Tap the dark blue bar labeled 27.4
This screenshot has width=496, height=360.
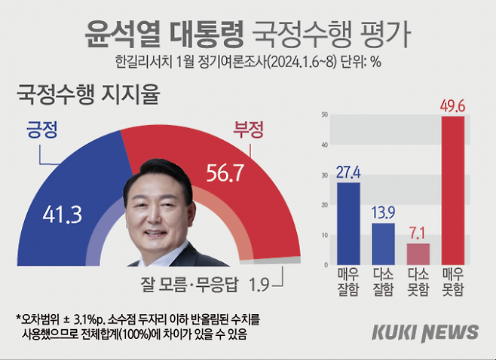pos(348,224)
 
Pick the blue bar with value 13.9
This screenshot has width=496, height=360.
pos(383,244)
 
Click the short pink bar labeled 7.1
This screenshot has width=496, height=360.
pos(418,254)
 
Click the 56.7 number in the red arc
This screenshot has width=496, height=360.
pos(225,174)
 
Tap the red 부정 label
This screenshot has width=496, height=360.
pos(250,130)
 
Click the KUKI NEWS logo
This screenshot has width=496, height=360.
pos(424,332)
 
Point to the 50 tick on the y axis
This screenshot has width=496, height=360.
pos(324,114)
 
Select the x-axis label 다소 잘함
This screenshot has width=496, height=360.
pos(383,283)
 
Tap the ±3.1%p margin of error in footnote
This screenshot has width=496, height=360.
pos(83,319)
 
